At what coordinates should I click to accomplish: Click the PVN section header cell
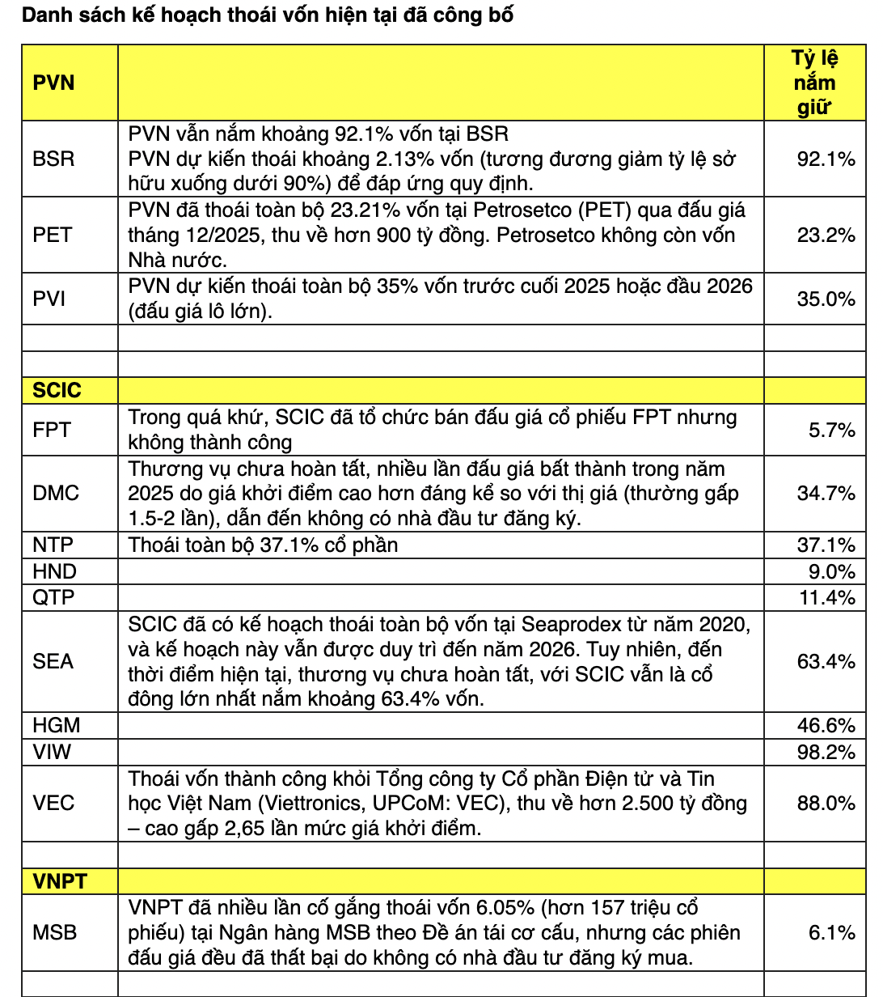53,83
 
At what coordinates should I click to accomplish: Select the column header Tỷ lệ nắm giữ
814,83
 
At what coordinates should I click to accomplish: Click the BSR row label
53,159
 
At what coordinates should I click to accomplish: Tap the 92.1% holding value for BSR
826,159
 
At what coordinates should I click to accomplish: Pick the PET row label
53,235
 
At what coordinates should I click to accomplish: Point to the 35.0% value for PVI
826,299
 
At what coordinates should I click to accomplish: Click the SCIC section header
57,390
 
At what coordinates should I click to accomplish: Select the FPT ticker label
52,430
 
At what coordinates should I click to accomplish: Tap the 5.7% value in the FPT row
831,430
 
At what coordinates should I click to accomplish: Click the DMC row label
56,493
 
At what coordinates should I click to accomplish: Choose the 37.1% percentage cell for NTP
826,545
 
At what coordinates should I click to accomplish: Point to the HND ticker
54,571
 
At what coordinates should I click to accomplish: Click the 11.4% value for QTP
826,597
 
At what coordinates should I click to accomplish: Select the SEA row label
53,661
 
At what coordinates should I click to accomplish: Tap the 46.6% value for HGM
826,725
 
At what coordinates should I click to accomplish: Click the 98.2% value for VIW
826,752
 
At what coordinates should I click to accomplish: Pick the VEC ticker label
53,803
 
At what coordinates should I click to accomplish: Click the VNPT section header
59,880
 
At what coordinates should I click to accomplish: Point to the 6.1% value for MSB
831,932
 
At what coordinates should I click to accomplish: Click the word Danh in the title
45,15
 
